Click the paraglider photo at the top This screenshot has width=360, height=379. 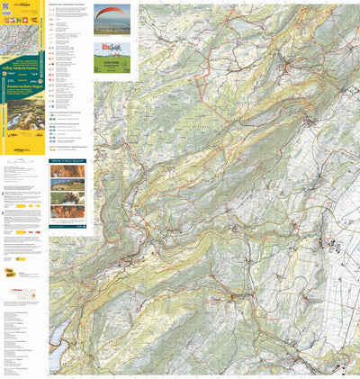pos(112,19)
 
